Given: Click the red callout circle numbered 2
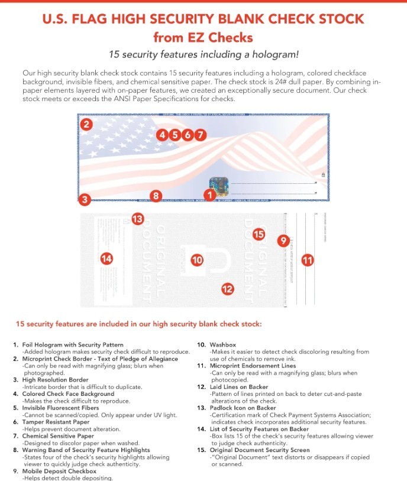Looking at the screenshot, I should [x=86, y=124].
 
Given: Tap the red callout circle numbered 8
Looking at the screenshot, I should [x=155, y=195].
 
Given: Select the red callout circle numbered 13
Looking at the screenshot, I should [x=137, y=219].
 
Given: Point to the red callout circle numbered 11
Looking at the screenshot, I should [x=308, y=259].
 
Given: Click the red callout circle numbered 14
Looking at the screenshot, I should [x=106, y=258].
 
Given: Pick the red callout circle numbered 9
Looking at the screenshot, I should [x=283, y=240].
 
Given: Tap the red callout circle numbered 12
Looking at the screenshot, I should [x=228, y=288].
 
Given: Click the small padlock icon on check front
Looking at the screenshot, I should [x=323, y=174].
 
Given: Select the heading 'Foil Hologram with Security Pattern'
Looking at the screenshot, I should [x=72, y=344].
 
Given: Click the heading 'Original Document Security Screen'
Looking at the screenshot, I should [x=256, y=450].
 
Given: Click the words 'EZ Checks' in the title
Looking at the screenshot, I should [x=224, y=38].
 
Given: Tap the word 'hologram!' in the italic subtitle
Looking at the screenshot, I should [x=274, y=55].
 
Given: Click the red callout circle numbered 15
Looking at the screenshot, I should [x=259, y=234].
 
